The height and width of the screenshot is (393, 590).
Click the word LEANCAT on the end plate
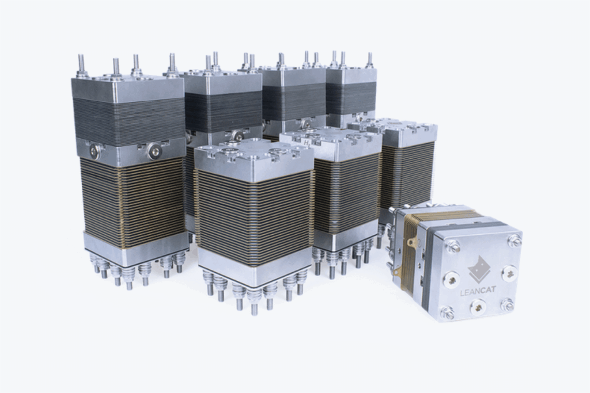point(478,290)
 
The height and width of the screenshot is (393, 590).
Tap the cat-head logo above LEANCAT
point(479,270)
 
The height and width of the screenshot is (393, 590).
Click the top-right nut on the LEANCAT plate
point(514,239)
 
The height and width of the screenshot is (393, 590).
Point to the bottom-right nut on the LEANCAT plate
point(508,305)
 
